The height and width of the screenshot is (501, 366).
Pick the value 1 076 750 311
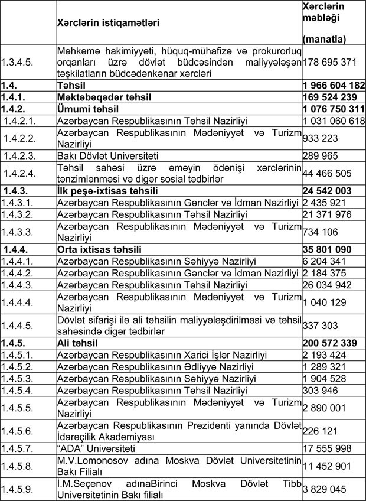pyautogui.click(x=332, y=109)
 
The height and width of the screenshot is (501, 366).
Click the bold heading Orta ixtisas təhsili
pyautogui.click(x=99, y=249)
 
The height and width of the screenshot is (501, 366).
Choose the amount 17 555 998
pyautogui.click(x=327, y=448)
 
